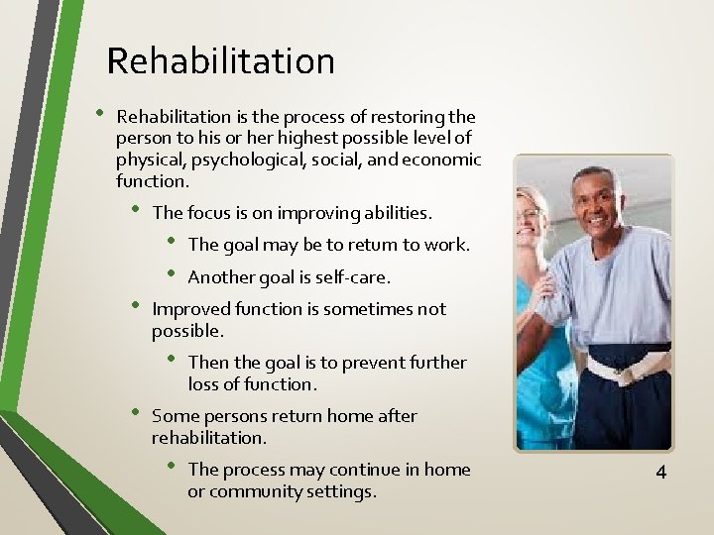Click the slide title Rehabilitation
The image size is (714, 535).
click(220, 61)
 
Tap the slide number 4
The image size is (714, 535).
click(660, 473)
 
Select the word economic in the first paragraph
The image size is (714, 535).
click(443, 160)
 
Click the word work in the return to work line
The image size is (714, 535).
click(447, 245)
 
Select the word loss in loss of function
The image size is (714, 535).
click(204, 384)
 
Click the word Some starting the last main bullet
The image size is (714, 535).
click(175, 416)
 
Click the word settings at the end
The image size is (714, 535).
click(343, 491)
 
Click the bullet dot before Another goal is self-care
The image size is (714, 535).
click(171, 274)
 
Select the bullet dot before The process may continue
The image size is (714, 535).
click(171, 467)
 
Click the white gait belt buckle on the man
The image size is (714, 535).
click(623, 374)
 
